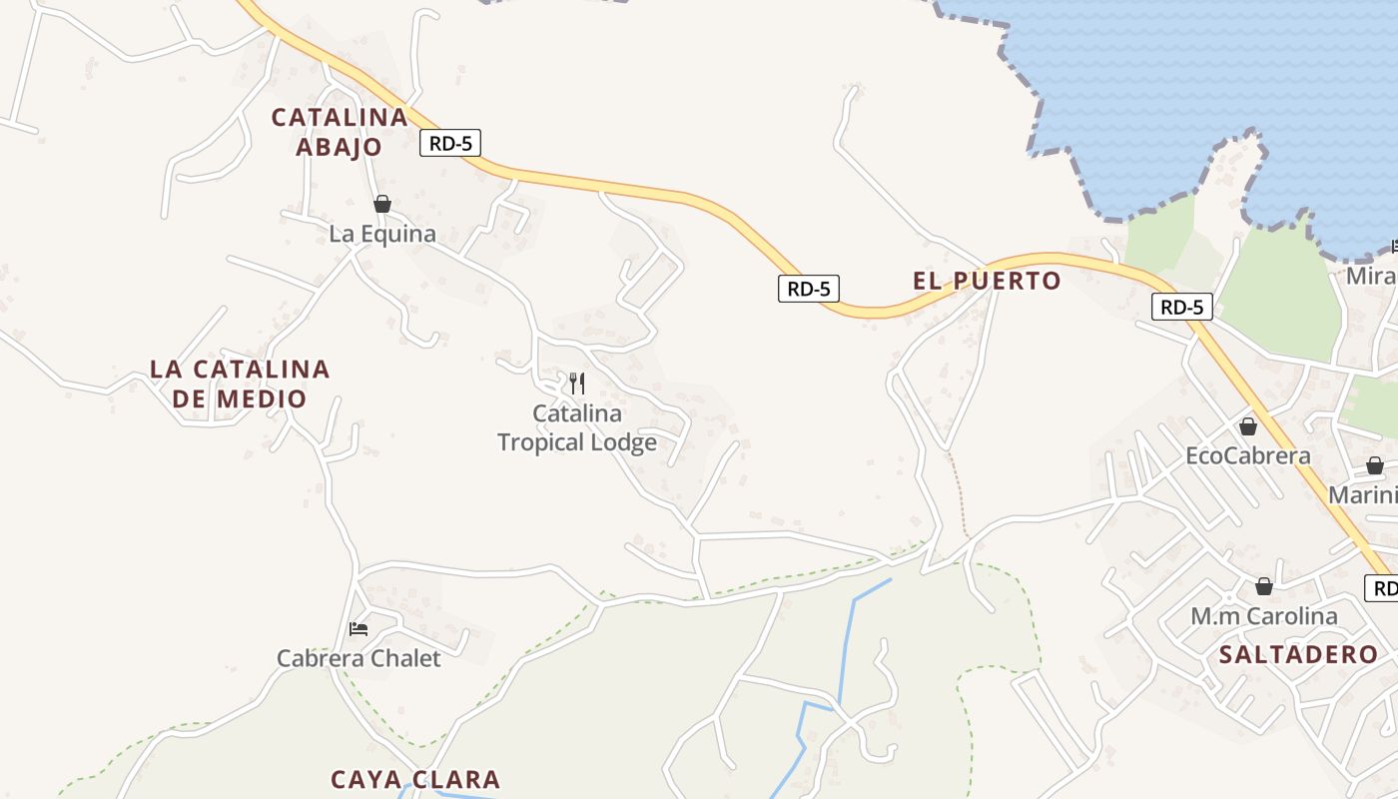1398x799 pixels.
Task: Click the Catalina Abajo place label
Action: coord(340,132)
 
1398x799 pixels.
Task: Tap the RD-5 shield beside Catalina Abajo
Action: coord(450,143)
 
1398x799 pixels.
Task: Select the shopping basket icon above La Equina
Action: coord(382,205)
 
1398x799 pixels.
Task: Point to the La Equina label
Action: coord(382,234)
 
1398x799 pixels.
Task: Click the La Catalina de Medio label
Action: coord(240,384)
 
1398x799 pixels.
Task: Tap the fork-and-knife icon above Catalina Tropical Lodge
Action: coord(576,383)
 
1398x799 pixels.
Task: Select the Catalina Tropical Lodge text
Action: coord(577,427)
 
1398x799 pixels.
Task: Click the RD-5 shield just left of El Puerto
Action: coord(809,289)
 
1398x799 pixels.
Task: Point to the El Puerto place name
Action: coord(987,281)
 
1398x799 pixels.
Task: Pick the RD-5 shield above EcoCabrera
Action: coord(1182,307)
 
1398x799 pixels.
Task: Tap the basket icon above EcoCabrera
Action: coord(1248,427)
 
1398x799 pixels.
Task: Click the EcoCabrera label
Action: coord(1247,456)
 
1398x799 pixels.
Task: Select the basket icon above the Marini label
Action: coord(1375,465)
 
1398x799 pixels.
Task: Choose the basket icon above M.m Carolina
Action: coord(1264,586)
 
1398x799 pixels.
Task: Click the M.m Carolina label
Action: coord(1264,616)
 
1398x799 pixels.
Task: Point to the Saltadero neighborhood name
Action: coord(1298,655)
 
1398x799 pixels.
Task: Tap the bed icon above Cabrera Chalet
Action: coord(358,629)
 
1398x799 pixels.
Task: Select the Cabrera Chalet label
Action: coord(358,658)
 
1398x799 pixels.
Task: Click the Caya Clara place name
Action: coord(415,779)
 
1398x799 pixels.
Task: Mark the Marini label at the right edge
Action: coord(1362,494)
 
